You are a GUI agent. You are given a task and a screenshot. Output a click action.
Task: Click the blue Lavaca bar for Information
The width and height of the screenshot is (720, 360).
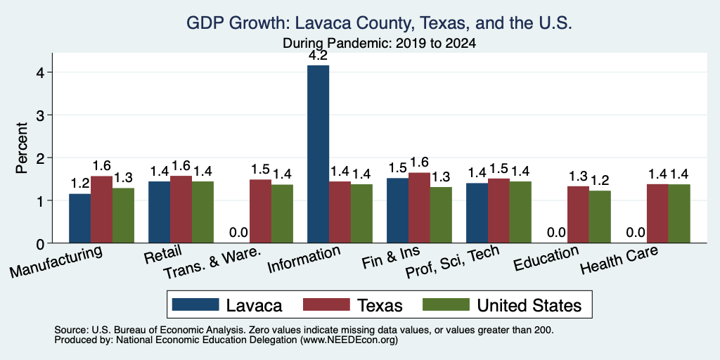pos(319,154)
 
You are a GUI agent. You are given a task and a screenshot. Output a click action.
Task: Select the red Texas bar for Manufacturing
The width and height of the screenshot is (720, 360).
pos(101,210)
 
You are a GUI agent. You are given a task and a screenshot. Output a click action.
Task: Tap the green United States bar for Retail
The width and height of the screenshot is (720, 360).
pos(202,212)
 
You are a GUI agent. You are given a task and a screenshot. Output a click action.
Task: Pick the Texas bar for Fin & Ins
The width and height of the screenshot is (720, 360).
pos(419,207)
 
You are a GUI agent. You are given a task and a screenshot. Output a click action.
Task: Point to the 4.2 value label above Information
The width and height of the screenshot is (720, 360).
pos(319,56)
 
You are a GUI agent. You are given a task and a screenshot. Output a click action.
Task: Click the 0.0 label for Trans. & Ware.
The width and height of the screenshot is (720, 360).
pos(239,232)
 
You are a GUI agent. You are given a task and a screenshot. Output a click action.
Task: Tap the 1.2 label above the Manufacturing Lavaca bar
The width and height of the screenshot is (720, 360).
pos(80,184)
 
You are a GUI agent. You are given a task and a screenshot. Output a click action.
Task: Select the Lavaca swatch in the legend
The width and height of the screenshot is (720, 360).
pos(195,304)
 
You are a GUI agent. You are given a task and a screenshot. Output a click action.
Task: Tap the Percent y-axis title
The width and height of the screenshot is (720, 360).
pos(22,148)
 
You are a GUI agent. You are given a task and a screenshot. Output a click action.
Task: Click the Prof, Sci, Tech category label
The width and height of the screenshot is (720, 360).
pos(452,262)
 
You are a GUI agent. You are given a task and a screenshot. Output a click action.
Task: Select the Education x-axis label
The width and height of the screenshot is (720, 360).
pos(546,259)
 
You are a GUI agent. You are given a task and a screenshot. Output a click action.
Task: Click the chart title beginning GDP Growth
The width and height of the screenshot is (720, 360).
pos(379,23)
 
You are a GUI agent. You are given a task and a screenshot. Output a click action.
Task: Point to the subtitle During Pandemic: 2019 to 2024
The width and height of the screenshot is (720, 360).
pos(379,43)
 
